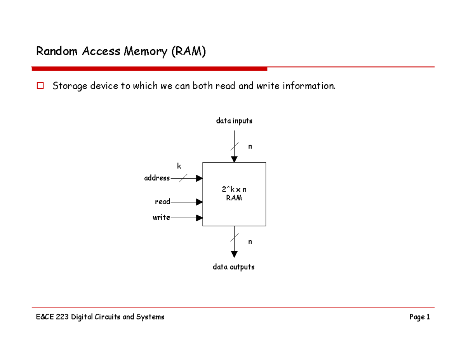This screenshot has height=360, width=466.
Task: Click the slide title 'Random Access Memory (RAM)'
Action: click(x=120, y=51)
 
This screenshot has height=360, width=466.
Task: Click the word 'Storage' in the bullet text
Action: click(x=70, y=86)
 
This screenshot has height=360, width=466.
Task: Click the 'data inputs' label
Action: click(x=234, y=121)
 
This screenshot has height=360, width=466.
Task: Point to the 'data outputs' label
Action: click(x=233, y=267)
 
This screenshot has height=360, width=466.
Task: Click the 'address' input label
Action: click(x=157, y=178)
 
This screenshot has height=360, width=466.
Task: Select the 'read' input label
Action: click(x=162, y=202)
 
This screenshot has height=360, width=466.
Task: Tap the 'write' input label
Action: click(x=161, y=217)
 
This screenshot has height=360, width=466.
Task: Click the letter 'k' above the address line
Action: click(x=179, y=166)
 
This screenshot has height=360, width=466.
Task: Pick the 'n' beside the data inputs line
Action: click(x=250, y=146)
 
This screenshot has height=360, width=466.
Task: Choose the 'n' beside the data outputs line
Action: click(x=250, y=242)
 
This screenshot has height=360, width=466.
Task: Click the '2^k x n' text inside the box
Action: click(x=234, y=190)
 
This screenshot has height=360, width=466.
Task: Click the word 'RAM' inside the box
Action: click(x=234, y=198)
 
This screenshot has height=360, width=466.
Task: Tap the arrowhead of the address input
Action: click(x=199, y=178)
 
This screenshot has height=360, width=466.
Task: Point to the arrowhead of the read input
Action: click(x=199, y=202)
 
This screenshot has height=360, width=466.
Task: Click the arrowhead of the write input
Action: click(x=199, y=218)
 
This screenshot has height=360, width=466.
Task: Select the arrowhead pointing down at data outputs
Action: click(x=234, y=254)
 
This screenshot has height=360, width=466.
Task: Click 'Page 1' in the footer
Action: click(x=419, y=317)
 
